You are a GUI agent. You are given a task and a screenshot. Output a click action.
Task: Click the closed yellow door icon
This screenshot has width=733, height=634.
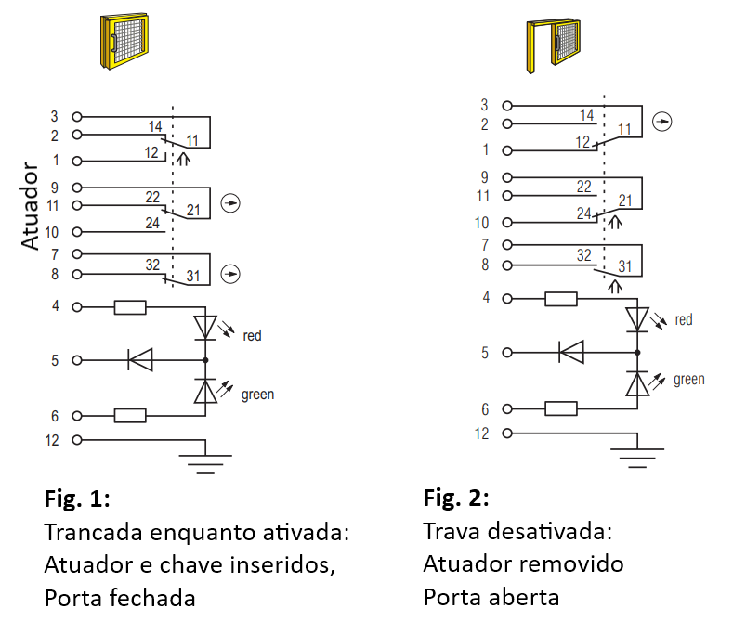[124, 41]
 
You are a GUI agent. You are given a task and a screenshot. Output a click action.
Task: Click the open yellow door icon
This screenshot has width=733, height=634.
[553, 46]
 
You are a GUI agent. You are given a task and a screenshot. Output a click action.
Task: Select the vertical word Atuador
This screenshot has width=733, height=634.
[30, 205]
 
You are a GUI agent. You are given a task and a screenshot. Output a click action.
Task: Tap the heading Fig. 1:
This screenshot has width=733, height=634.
[77, 498]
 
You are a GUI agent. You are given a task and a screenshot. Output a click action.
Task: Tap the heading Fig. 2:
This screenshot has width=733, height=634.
[456, 498]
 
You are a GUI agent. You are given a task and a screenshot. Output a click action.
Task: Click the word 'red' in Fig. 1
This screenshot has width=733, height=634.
[252, 335]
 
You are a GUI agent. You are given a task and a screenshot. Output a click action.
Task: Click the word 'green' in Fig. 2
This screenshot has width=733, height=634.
[689, 380]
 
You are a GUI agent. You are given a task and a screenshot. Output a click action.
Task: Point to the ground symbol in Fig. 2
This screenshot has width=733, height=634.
[637, 458]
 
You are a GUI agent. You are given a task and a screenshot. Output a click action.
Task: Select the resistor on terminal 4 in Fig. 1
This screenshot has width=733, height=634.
[130, 307]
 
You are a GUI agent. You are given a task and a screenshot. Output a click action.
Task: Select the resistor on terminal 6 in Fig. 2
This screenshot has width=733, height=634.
[561, 408]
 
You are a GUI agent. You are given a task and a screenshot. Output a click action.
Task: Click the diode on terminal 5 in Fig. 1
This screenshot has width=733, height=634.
[140, 360]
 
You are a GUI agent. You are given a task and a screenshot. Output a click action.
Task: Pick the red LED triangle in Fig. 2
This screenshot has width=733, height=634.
[637, 319]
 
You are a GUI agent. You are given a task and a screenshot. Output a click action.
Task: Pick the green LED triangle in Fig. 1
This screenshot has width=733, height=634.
[205, 391]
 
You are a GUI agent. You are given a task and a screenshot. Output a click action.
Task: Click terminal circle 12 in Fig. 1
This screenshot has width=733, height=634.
[77, 440]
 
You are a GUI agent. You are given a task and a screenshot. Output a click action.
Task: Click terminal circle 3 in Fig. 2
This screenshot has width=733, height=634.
[507, 106]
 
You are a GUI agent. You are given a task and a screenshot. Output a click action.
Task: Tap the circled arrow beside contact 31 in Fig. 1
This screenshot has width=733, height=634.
[230, 274]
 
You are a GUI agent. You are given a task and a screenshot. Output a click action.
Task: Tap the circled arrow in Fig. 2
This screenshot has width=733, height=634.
[662, 122]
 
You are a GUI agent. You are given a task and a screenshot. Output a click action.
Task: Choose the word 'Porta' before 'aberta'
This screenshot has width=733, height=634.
[450, 597]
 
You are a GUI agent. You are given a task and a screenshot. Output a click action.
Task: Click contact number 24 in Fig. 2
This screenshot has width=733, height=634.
[583, 213]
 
